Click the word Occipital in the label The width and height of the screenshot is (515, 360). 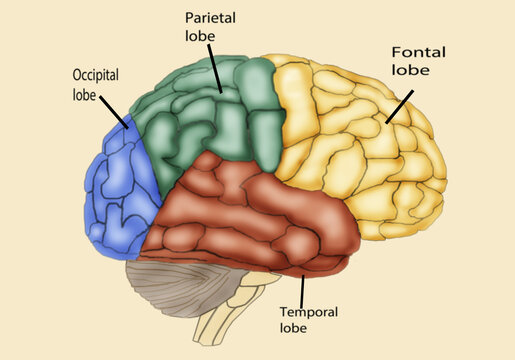(x=97, y=75)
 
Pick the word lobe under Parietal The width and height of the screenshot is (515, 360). (x=199, y=37)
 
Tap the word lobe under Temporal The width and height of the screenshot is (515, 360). (x=294, y=327)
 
